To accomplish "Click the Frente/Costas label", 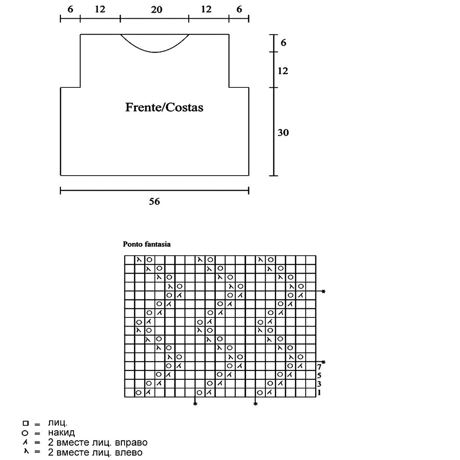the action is (164, 107).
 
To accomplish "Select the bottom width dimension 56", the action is (154, 201).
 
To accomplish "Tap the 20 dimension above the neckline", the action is (156, 10).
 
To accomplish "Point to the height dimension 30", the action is (283, 133).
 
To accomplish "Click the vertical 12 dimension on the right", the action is (283, 71).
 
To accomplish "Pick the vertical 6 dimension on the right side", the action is (283, 43).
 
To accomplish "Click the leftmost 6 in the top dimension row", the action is (70, 10).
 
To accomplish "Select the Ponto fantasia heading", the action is (146, 244).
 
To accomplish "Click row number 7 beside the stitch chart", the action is (319, 367).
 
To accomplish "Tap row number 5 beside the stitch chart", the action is (319, 375).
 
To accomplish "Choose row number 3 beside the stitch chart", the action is (319, 384).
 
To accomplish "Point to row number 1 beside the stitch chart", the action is (319, 392).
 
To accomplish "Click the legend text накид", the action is (61, 433).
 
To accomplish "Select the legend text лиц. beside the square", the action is (58, 424).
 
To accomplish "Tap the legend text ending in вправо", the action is (98, 443).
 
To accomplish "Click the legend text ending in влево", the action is (95, 452).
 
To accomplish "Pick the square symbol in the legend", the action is (25, 424).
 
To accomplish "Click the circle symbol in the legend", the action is (25, 433).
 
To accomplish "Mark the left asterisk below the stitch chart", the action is (195, 404).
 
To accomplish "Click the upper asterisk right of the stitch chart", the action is (324, 292).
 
